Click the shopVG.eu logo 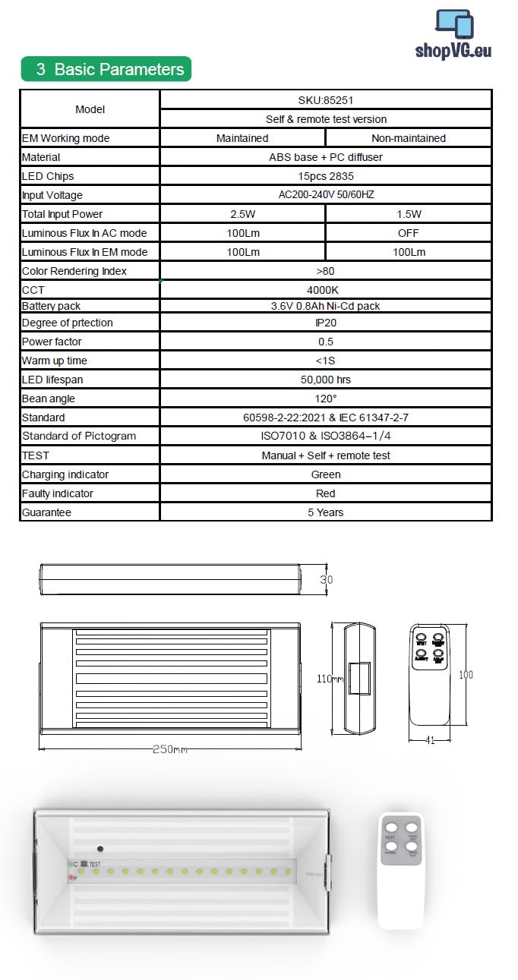[453, 35]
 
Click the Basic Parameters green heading [106, 69]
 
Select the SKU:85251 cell [325, 99]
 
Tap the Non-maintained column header [408, 138]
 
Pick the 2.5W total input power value [242, 214]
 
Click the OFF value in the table [408, 233]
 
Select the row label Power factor [52, 342]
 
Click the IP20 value [325, 323]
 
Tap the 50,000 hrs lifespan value [325, 380]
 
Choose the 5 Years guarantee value [325, 512]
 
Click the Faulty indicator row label [57, 493]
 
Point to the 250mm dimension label [169, 749]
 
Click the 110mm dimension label [328, 679]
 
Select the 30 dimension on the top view [327, 579]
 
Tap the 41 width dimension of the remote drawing [429, 740]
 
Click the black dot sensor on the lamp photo [99, 848]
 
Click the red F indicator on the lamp [72, 878]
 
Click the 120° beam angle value [325, 399]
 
